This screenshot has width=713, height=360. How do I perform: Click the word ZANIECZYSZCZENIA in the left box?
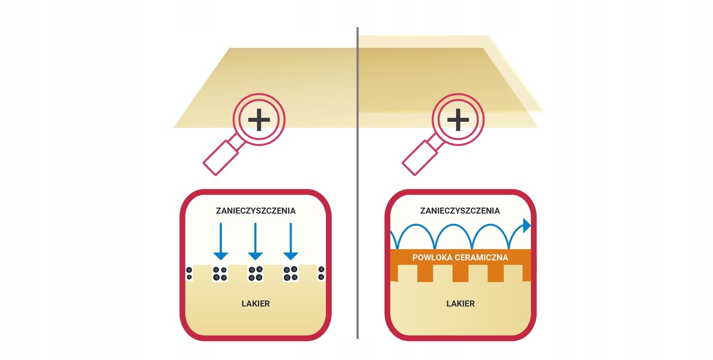(x=256, y=211)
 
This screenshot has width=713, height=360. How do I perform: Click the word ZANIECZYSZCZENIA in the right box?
(x=460, y=211)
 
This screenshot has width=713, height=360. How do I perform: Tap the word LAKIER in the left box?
(x=256, y=303)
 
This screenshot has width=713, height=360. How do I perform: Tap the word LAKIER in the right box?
(x=460, y=303)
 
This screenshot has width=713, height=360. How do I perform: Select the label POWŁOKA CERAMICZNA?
(x=460, y=258)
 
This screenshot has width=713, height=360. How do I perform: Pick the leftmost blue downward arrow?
(x=221, y=241)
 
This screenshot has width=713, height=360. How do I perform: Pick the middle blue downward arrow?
(x=255, y=241)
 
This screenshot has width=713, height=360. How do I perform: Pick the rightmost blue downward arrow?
(x=290, y=241)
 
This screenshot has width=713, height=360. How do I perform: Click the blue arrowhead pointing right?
(x=526, y=225)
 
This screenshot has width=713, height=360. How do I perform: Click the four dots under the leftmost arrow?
(x=220, y=273)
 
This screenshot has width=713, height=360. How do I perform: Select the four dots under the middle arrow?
(x=255, y=273)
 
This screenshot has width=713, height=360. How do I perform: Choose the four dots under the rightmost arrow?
(x=290, y=273)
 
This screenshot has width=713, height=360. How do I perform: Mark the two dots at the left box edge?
(x=189, y=273)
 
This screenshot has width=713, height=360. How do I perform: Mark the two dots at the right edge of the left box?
(x=321, y=273)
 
